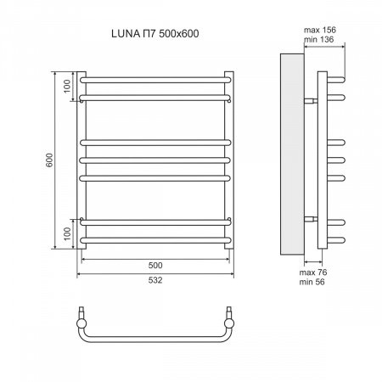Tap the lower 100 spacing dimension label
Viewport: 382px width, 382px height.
[69, 231]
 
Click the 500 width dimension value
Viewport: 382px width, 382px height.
[154, 263]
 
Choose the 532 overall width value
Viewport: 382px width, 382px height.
[154, 279]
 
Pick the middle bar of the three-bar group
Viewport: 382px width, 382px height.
[154, 158]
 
